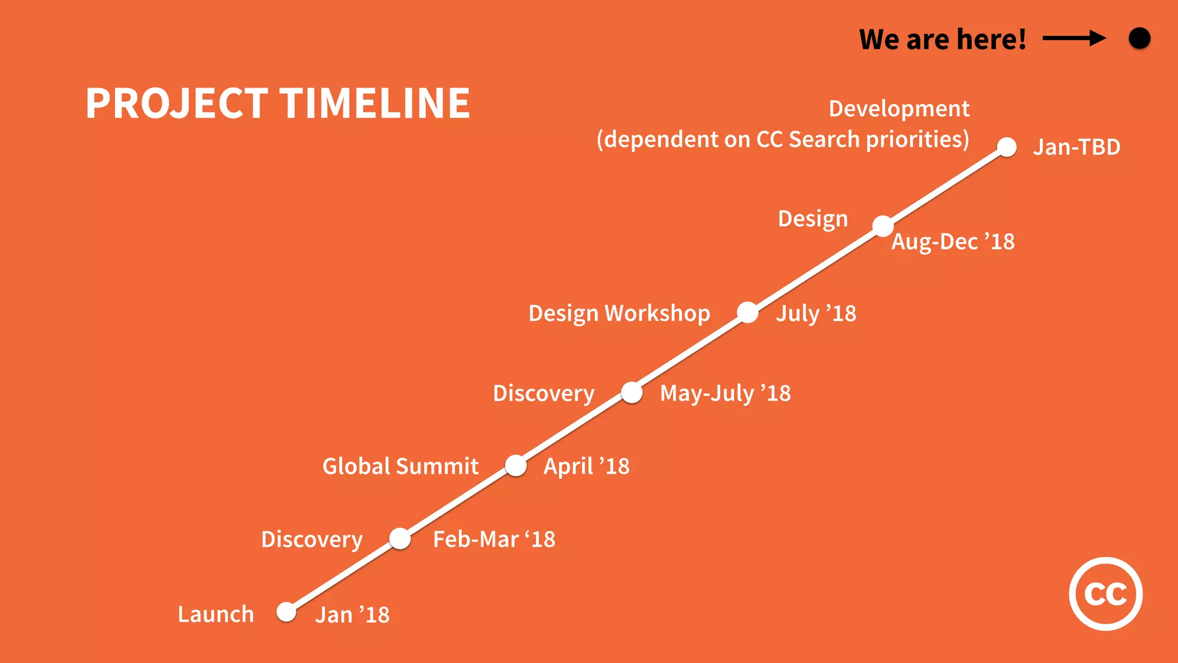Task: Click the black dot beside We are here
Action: point(1139,39)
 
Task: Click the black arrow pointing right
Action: point(1073,39)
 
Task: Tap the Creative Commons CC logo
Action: point(1105,593)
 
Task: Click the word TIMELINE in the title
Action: point(375,104)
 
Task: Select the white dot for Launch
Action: point(286,612)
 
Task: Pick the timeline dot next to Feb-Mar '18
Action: point(400,539)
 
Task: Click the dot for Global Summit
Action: point(516,466)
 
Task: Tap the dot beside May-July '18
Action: point(632,393)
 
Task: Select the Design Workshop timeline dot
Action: point(748,313)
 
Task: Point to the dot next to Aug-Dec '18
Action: point(883,226)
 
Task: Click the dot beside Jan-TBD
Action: point(1007,147)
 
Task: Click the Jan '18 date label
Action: point(352,615)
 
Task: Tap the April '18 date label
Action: point(586,466)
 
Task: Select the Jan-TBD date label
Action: point(1076,147)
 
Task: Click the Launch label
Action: point(216,614)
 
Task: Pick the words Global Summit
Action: point(400,466)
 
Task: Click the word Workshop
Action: point(657,314)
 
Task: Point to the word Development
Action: point(898,109)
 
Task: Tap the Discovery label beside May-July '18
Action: point(544,394)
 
